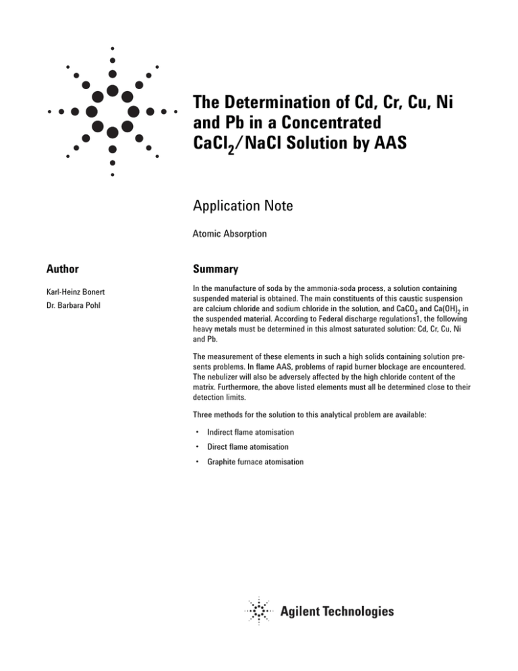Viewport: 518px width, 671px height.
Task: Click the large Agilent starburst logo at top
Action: (112, 111)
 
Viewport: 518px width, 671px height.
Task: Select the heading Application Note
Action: (242, 205)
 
